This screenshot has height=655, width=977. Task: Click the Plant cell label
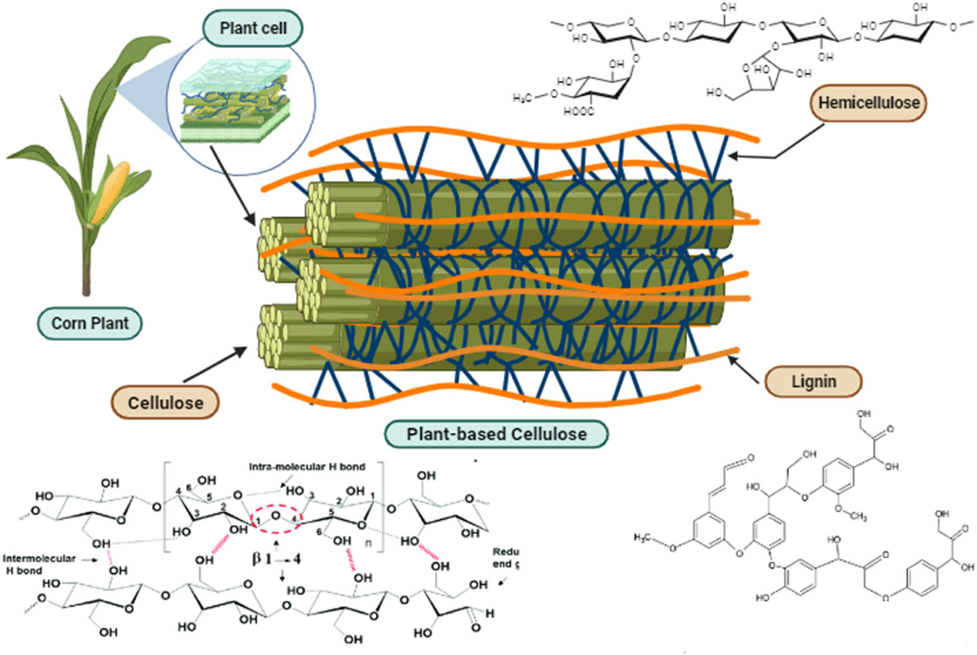coord(252,28)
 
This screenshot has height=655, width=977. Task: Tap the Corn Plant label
coord(90,323)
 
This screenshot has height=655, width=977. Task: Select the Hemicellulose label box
coord(868,103)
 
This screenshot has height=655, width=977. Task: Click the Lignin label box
coord(813,382)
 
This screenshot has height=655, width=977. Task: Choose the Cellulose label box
coord(165,403)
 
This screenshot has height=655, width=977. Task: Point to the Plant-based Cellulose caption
coord(496,434)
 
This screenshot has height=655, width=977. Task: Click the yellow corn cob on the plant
coord(114,187)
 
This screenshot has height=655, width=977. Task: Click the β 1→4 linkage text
coord(276,558)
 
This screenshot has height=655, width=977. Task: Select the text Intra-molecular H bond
coord(307,467)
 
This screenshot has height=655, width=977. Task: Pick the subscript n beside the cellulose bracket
coord(368,542)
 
